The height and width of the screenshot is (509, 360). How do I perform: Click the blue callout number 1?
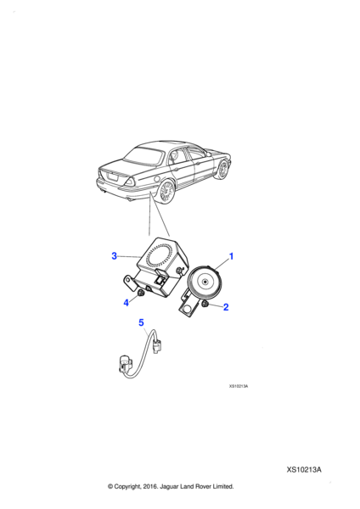tap(231, 256)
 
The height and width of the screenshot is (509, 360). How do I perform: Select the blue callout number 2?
tap(226, 307)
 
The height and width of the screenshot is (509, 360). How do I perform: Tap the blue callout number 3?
tap(114, 256)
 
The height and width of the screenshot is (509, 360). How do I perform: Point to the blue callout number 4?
tap(126, 303)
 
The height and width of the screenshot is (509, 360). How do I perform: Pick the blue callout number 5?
tap(141, 322)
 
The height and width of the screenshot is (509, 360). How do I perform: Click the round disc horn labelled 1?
tap(205, 282)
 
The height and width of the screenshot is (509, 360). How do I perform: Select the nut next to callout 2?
tap(205, 305)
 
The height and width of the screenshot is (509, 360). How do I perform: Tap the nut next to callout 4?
tap(140, 294)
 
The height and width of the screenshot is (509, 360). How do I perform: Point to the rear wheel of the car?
tap(166, 193)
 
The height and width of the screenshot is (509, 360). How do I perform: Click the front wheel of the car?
tap(223, 169)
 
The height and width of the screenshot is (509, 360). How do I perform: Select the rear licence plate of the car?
tap(112, 177)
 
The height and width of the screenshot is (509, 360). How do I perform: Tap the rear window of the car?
tap(143, 156)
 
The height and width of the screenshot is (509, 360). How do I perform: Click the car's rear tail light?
tap(130, 182)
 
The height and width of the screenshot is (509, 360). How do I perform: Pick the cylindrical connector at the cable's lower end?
tap(125, 365)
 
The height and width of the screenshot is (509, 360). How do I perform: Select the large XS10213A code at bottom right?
tap(303, 470)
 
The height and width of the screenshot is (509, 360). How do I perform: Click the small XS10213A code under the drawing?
tap(239, 386)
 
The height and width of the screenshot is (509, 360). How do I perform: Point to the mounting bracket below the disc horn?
tap(189, 304)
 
